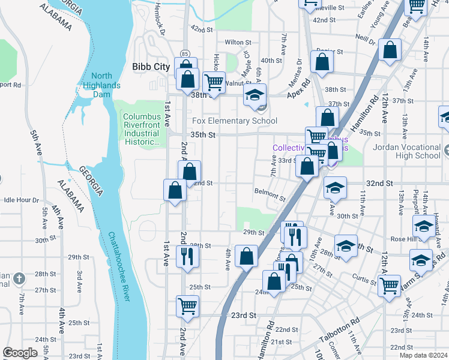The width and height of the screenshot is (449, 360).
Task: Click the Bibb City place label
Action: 151,67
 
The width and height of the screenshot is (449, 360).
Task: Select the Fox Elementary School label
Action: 234,121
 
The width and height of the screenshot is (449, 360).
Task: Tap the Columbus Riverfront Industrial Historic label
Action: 142,129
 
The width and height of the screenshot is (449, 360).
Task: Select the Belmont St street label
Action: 270,195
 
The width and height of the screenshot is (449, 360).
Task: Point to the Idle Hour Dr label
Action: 21,200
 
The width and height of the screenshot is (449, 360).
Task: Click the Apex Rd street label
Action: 298,89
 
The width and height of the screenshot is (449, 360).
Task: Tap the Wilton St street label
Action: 238,43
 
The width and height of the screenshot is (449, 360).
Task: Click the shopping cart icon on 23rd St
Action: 188,305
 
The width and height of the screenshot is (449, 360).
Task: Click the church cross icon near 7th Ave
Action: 19,278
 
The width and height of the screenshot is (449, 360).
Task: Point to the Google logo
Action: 20,352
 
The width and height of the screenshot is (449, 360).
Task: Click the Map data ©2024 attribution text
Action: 423,355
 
